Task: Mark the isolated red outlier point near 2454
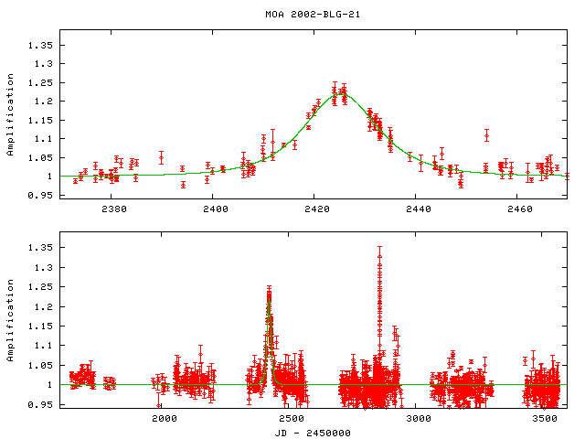point(487,135)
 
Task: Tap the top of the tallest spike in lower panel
point(379,247)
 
